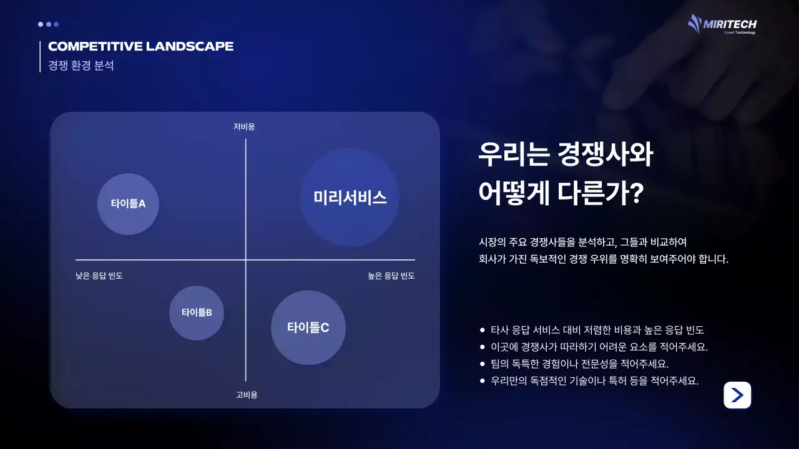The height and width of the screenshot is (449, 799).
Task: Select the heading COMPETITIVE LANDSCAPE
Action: click(140, 47)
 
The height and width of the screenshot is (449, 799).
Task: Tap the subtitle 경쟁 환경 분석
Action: click(81, 65)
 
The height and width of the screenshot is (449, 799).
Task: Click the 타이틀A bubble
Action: click(128, 204)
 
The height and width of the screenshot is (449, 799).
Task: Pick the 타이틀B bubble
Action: click(197, 312)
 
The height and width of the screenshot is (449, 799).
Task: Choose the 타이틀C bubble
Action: click(308, 327)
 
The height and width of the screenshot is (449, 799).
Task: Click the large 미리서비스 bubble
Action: click(350, 198)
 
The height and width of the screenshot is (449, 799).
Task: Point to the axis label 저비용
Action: click(244, 127)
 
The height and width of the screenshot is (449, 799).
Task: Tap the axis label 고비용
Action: click(247, 395)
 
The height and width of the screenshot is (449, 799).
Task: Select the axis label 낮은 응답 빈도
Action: click(99, 276)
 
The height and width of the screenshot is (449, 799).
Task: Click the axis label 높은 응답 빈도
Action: click(391, 276)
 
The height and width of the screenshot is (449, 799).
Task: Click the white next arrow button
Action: click(737, 395)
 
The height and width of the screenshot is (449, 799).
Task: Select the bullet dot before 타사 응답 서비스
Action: click(482, 330)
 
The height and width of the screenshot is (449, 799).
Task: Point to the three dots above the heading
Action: click(48, 24)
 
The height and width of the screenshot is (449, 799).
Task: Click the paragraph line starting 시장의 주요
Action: click(582, 241)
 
